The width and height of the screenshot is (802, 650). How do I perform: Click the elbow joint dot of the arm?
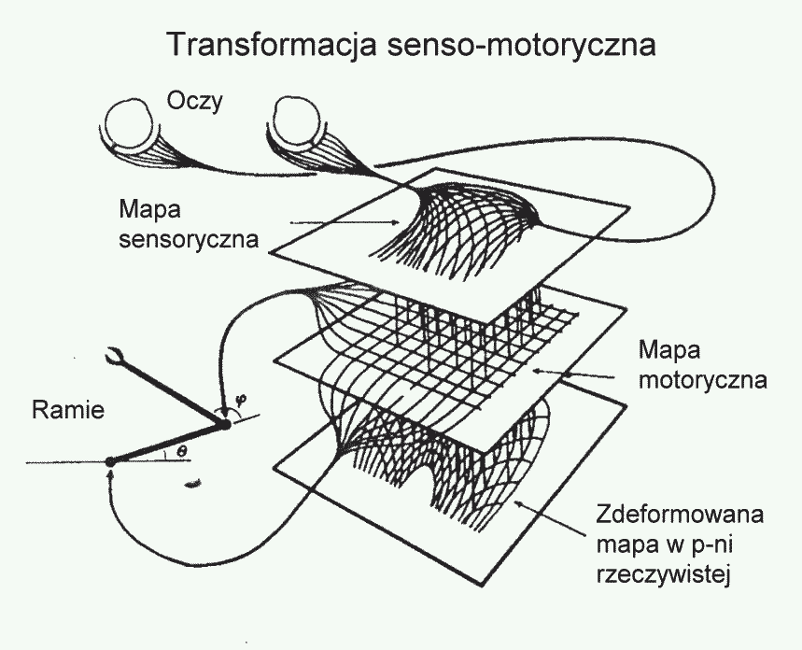tap(225, 427)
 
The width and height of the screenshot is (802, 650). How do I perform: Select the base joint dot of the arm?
tap(111, 460)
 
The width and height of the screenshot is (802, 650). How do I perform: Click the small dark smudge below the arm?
tap(194, 483)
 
